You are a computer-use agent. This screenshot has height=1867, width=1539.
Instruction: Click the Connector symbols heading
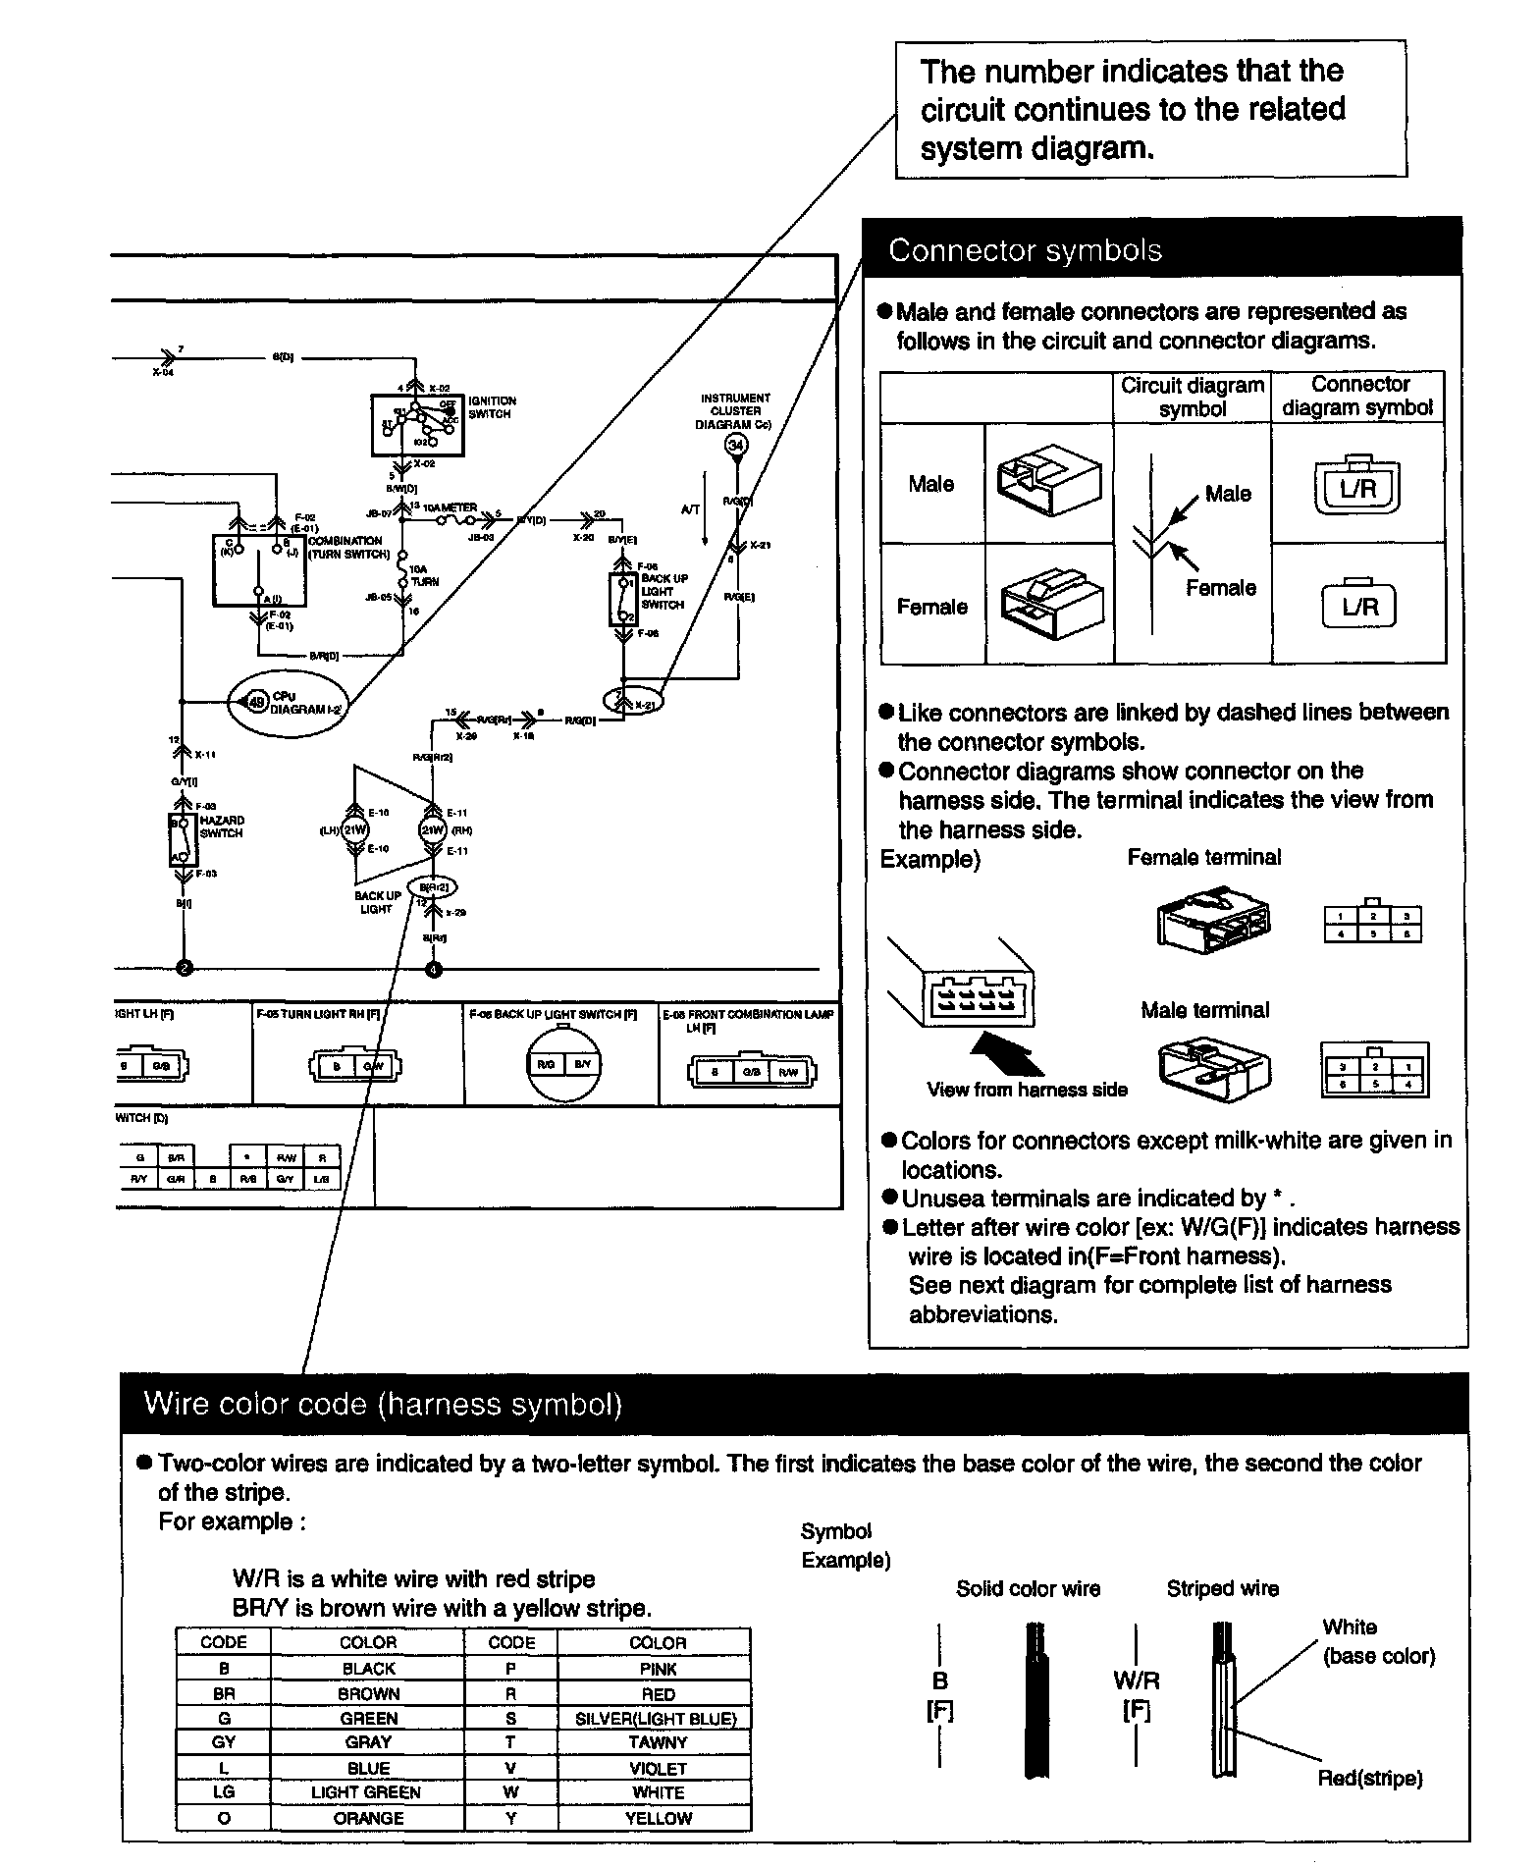click(x=1025, y=250)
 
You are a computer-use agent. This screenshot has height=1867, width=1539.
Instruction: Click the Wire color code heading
click(x=383, y=1404)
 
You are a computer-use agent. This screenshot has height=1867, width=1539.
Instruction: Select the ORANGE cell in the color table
click(x=368, y=1818)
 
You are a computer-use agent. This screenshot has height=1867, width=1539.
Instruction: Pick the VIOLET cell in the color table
click(x=658, y=1768)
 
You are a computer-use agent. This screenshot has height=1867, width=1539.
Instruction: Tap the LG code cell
click(x=224, y=1792)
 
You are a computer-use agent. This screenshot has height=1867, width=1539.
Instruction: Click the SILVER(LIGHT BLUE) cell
click(x=657, y=1718)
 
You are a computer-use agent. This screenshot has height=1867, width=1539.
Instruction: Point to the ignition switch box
click(x=417, y=425)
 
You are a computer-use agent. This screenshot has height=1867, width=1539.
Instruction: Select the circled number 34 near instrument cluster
click(x=735, y=446)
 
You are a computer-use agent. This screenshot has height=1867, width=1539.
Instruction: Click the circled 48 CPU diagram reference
click(x=256, y=702)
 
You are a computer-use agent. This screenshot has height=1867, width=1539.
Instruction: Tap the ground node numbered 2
click(x=184, y=970)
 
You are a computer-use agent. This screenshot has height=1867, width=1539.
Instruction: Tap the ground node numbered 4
click(x=435, y=970)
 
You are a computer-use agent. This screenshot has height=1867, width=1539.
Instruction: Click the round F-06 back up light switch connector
click(x=562, y=1064)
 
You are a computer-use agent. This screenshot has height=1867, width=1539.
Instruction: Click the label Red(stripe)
click(x=1369, y=1778)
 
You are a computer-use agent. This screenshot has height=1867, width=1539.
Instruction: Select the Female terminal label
click(x=1203, y=857)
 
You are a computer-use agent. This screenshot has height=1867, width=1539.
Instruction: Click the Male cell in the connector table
click(x=930, y=484)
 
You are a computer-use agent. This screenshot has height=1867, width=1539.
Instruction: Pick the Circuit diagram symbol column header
click(x=1192, y=397)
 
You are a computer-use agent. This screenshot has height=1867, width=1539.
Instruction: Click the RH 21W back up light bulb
click(x=433, y=830)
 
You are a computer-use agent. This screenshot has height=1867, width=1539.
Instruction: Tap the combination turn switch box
click(x=259, y=570)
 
